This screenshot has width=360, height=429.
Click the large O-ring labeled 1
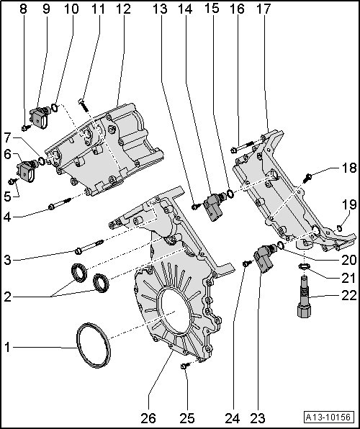(78, 346)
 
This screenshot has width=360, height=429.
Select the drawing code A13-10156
(328, 417)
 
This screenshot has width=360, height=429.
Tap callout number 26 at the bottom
(148, 418)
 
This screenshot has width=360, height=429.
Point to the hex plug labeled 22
(304, 297)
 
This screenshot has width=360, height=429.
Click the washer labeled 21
(304, 266)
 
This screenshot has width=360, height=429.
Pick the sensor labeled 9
(40, 117)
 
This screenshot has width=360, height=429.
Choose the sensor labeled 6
(27, 171)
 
